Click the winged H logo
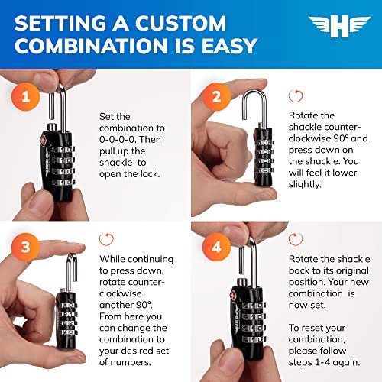pos(339,27)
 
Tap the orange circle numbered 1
pos(25,97)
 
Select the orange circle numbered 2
pos(216,97)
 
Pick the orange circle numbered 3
pos(25,247)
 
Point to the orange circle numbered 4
pos(216,247)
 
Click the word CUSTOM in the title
pos(180,23)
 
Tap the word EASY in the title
pos(229,46)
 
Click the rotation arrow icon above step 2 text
pos(296,96)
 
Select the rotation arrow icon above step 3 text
pos(106,239)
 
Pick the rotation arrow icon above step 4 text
pos(296,239)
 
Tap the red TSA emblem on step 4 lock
pos(233,296)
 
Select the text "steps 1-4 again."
pos(324,362)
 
